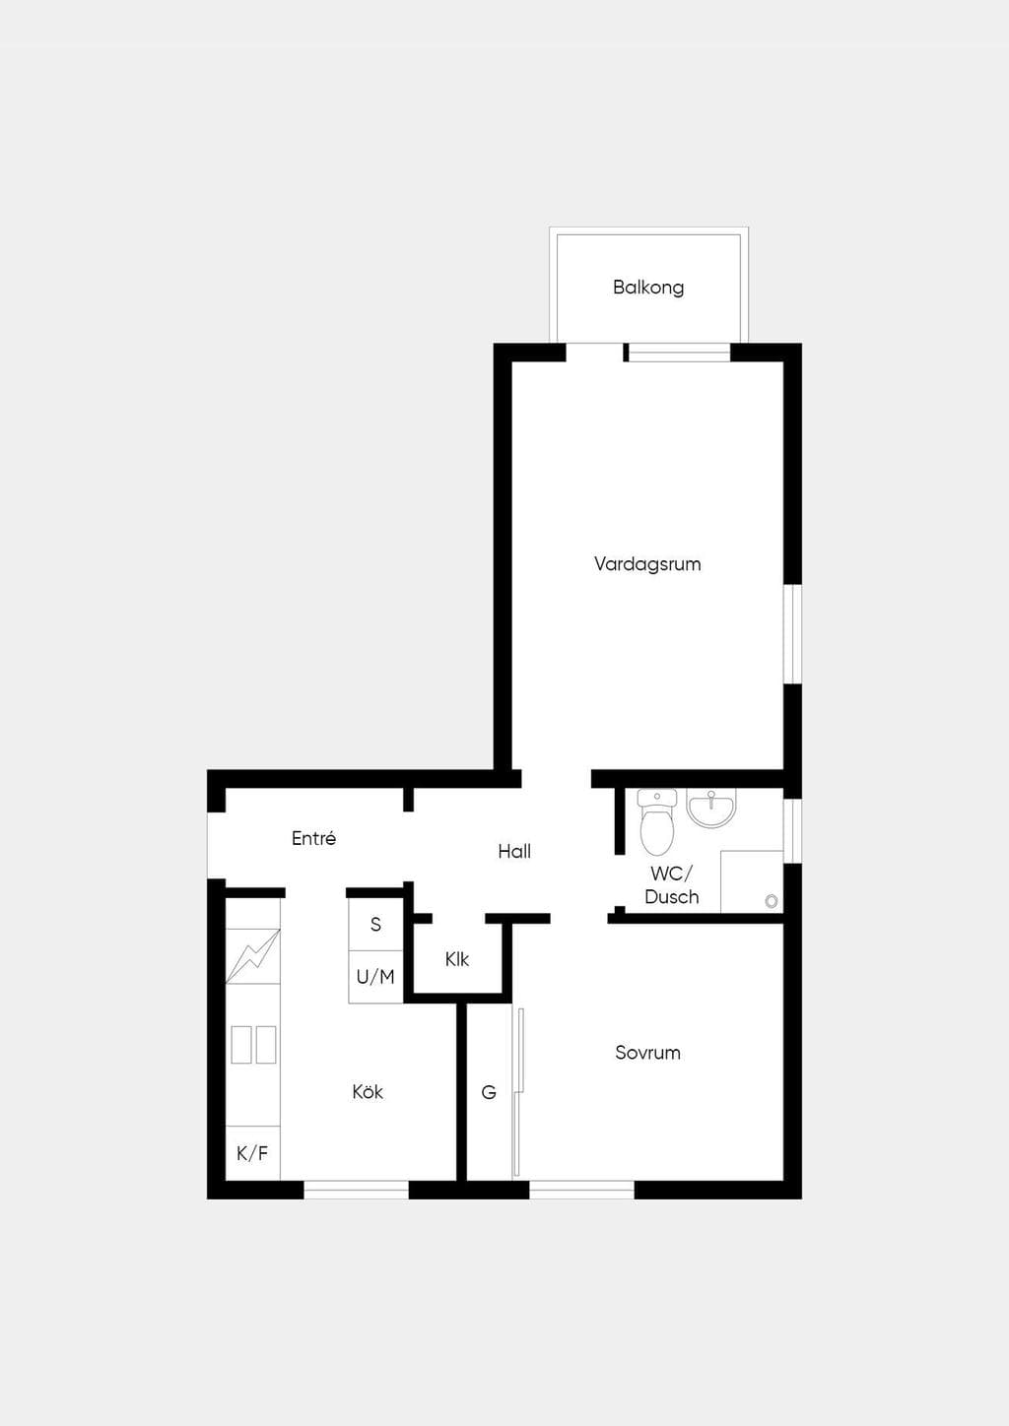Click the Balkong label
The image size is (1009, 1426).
(x=648, y=288)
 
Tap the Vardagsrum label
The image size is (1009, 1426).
(x=647, y=564)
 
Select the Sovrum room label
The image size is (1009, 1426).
(x=647, y=1053)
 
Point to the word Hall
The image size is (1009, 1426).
(x=514, y=851)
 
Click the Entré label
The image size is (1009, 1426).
(x=313, y=838)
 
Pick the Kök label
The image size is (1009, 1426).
(x=368, y=1092)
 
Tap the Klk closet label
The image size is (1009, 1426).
(x=457, y=959)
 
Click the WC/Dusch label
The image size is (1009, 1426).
(x=671, y=885)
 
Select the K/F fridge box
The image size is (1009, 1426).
(x=253, y=1153)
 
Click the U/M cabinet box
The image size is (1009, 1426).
(x=375, y=977)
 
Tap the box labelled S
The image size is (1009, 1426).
(x=375, y=925)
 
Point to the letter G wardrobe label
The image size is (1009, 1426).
(x=489, y=1092)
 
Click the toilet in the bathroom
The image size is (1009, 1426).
(x=657, y=822)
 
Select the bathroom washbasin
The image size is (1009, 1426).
(x=710, y=808)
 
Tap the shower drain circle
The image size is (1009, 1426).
(x=772, y=901)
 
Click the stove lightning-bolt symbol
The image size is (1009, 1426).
(x=253, y=956)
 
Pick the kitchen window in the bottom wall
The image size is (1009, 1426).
(x=356, y=1190)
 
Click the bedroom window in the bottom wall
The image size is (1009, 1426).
(x=581, y=1190)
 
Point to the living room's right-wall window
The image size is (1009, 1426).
(x=792, y=634)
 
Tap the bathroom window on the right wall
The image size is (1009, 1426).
(x=792, y=831)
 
